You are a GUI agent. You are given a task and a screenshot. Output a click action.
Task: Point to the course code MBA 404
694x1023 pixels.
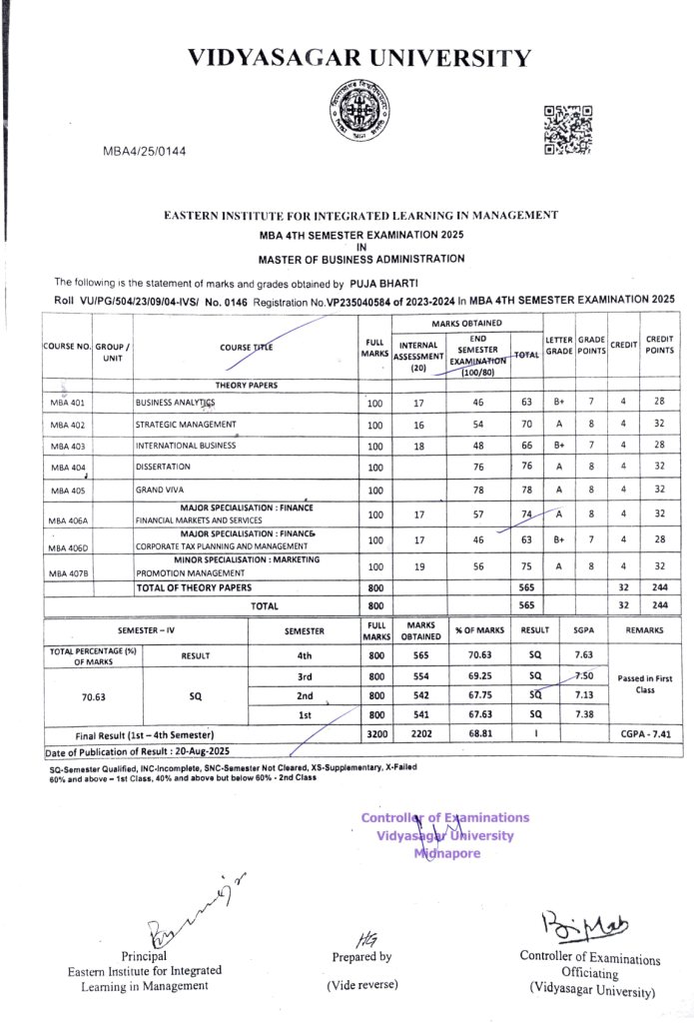68,468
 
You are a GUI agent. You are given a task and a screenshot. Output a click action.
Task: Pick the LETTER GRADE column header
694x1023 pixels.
558,346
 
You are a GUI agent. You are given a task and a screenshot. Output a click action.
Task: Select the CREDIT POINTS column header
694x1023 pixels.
660,346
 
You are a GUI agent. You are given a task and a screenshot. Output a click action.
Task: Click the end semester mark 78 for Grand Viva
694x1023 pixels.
478,491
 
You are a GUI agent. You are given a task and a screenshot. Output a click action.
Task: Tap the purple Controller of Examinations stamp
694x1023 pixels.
445,835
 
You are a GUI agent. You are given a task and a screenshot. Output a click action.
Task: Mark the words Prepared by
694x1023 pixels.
361,956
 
